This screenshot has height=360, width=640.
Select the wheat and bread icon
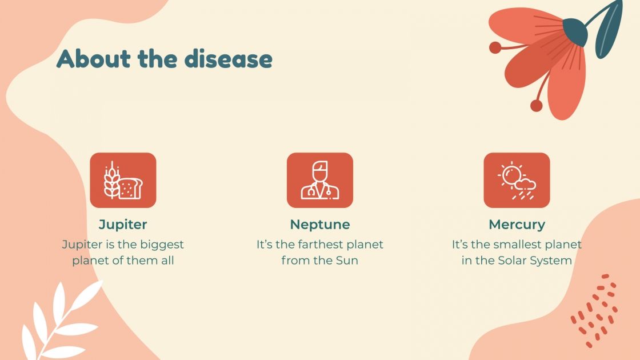tap(123, 180)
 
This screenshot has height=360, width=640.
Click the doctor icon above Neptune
tap(320, 180)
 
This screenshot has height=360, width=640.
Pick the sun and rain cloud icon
tap(517, 180)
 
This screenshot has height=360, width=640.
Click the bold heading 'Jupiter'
tap(123, 224)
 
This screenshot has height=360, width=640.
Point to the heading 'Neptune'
tap(320, 224)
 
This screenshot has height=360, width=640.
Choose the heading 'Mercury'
tap(517, 224)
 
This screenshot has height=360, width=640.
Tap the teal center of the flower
tap(575, 33)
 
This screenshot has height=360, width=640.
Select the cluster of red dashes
tap(595, 311)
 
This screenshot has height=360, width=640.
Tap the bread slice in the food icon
tap(130, 188)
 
